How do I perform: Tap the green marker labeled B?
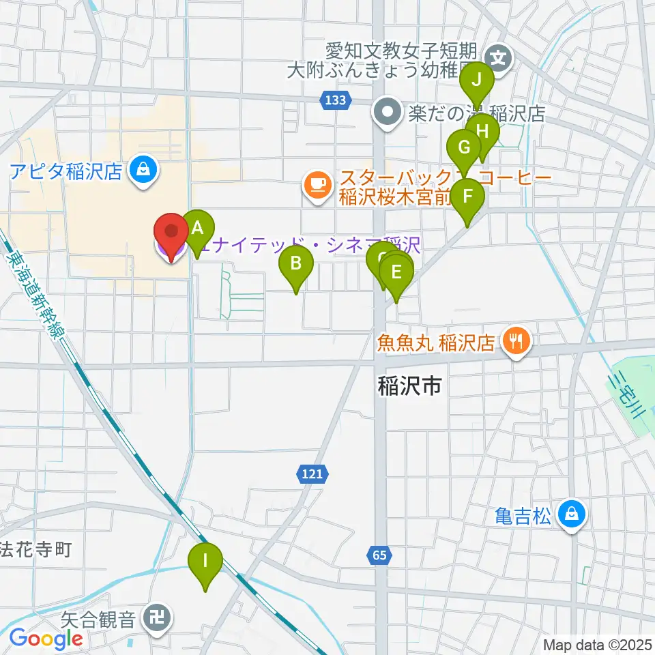[296, 263]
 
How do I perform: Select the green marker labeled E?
[396, 272]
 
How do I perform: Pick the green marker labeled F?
[468, 196]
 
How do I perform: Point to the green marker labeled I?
[205, 562]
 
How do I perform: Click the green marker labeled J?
[478, 80]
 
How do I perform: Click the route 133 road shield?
[334, 100]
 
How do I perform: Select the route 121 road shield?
[313, 473]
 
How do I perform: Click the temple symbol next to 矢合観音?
[159, 620]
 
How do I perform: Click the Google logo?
[46, 640]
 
